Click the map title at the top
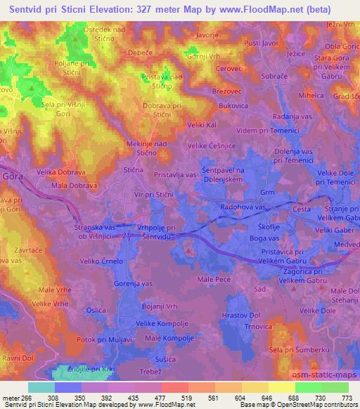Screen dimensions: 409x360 (x=180, y=10)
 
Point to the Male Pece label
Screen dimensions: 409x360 (x=214, y=279)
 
